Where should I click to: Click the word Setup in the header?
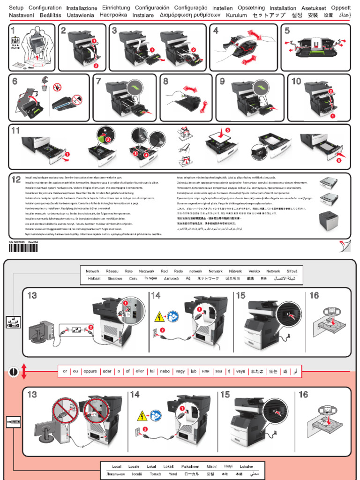pyautogui.click(x=16, y=8)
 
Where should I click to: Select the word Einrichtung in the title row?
pyautogui.click(x=116, y=8)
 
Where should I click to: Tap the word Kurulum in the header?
pyautogui.click(x=236, y=15)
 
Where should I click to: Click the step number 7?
pyautogui.click(x=98, y=81)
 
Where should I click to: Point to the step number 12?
pyautogui.click(x=16, y=179)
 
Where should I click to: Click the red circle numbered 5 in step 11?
pyautogui.click(x=228, y=129)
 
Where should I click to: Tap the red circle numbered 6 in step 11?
pyautogui.click(x=338, y=160)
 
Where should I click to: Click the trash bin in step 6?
pyautogui.click(x=43, y=87)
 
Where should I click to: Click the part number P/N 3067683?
pyautogui.click(x=17, y=241)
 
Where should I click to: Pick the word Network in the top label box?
pyautogui.click(x=92, y=271)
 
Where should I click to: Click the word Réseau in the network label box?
pyautogui.click(x=112, y=271)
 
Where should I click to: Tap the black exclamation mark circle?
pyautogui.click(x=14, y=372)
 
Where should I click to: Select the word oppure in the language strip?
pyautogui.click(x=90, y=371)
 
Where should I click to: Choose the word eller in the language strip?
pyautogui.click(x=139, y=371)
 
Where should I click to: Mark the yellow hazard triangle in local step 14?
pyautogui.click(x=142, y=415)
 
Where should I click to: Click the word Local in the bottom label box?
pyautogui.click(x=117, y=466)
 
